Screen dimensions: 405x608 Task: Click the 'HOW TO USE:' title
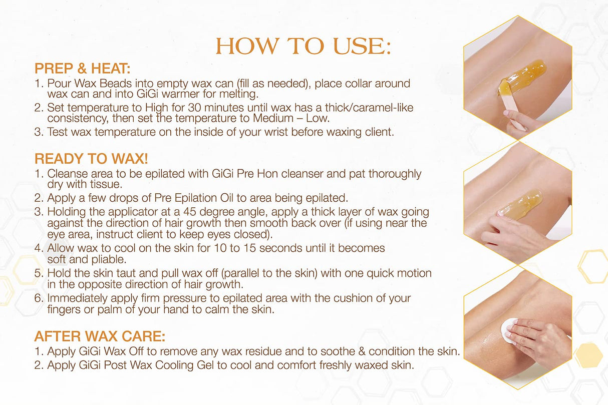[303, 47]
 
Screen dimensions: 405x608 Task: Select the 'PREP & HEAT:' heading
[83, 68]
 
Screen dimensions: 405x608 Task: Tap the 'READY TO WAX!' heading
[91, 159]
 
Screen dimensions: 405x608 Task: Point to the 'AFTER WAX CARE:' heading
[100, 335]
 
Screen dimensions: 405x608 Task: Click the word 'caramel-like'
[386, 108]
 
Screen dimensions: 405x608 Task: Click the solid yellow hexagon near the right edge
[588, 355]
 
